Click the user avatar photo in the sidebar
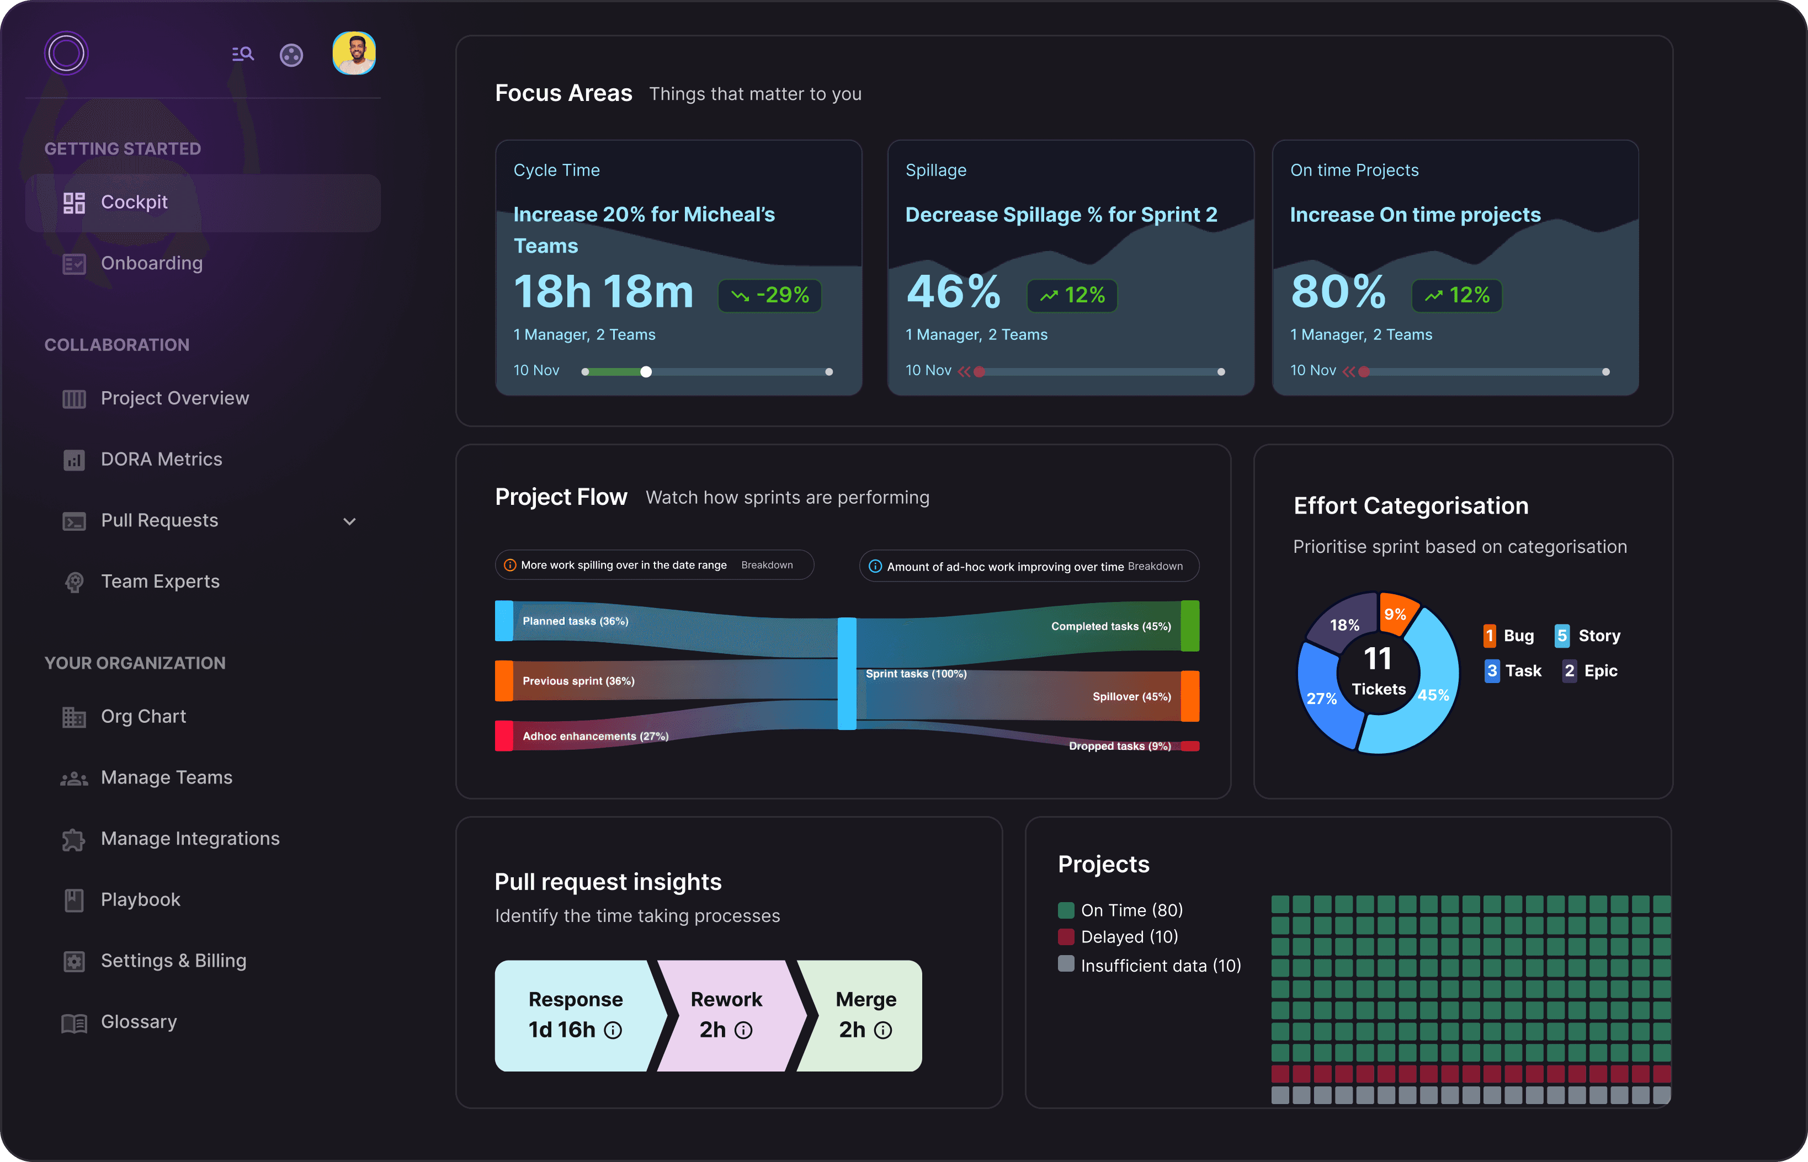354,54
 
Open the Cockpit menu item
134,202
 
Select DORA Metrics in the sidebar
162,460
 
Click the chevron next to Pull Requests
349,521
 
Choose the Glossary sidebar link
139,1022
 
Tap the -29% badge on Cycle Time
770,295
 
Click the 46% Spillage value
953,292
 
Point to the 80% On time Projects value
1338,292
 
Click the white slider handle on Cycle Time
646,372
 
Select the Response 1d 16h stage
575,1015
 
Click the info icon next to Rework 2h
743,1031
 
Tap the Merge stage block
865,1015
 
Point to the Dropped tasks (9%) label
1120,746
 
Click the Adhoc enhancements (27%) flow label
595,737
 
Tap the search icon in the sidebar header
243,54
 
